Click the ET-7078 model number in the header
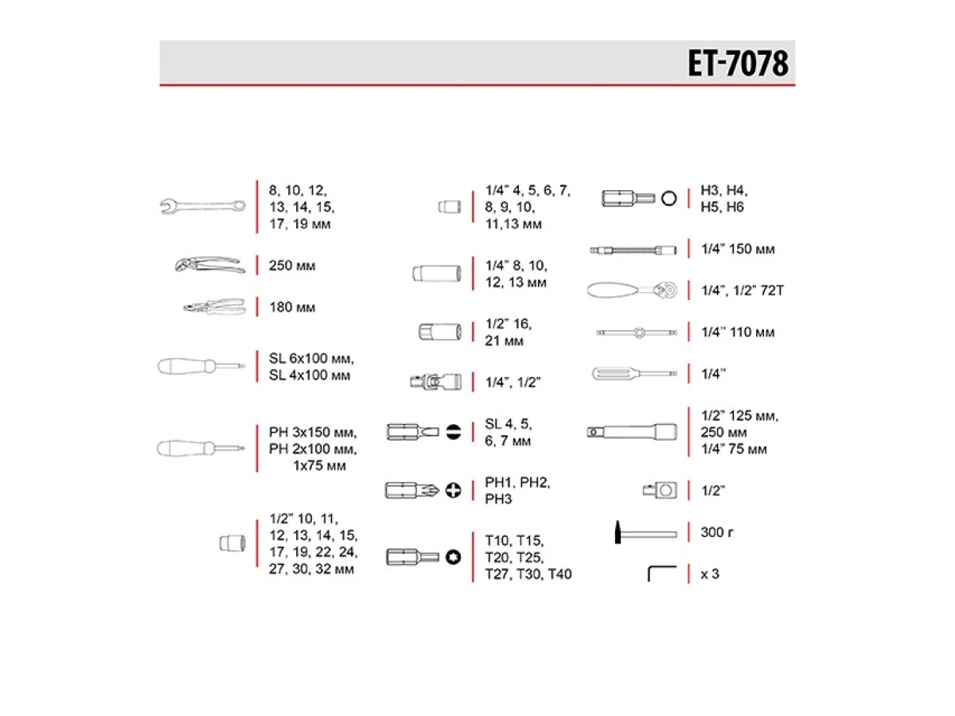[738, 64]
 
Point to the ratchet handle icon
[633, 290]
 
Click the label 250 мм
[292, 266]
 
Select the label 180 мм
[292, 307]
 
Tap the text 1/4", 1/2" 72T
[743, 290]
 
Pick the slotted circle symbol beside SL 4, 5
[454, 432]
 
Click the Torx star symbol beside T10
[454, 556]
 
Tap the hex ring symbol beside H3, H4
[668, 198]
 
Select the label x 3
[710, 574]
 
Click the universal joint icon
[431, 383]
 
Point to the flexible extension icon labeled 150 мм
[633, 249]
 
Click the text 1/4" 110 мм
[737, 333]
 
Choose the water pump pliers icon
[209, 265]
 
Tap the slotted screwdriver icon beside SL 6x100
[201, 367]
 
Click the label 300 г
[717, 532]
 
